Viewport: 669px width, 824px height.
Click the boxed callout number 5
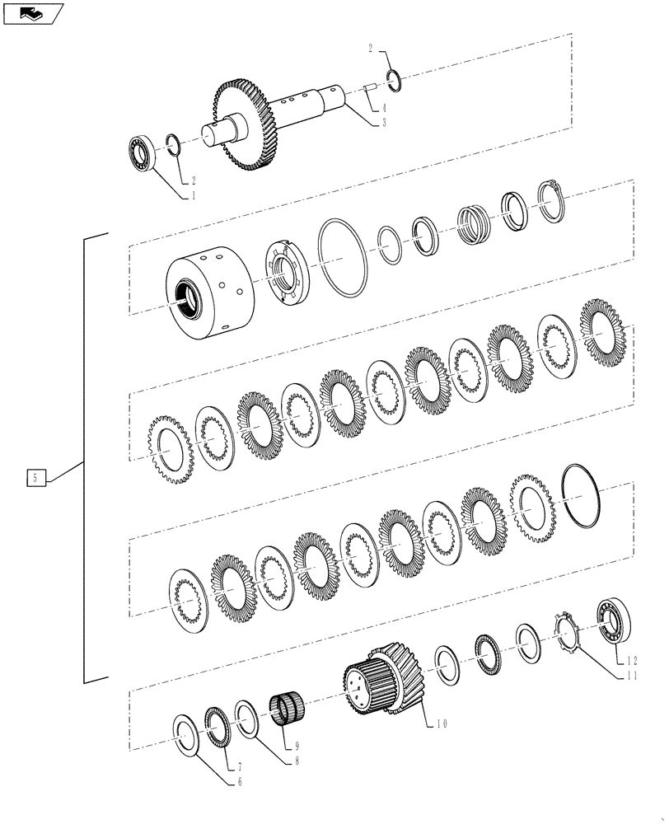(x=35, y=477)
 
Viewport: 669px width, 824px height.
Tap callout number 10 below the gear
(x=442, y=724)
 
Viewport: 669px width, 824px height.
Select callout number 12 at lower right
(x=632, y=660)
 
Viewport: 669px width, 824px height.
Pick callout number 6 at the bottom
(x=240, y=781)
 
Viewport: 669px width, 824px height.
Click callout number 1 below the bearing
(x=194, y=196)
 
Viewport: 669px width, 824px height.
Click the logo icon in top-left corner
(x=32, y=13)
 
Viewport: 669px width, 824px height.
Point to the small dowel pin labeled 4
(x=372, y=90)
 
